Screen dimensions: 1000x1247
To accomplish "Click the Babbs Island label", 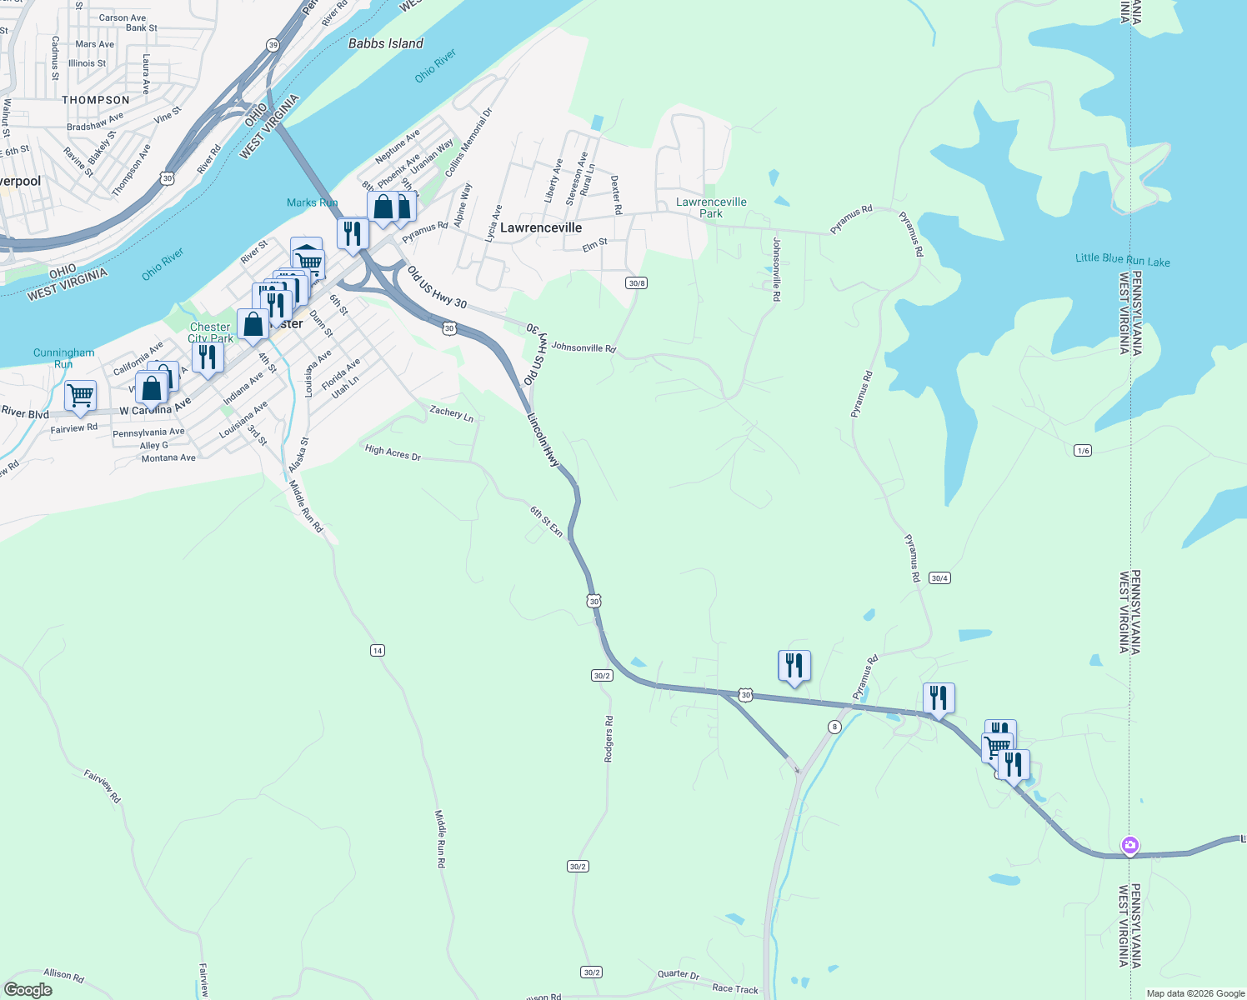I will pyautogui.click(x=385, y=43).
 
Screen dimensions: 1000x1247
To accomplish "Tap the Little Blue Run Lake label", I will pyautogui.click(x=1122, y=260).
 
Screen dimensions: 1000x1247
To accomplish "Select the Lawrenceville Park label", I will pyautogui.click(x=711, y=207).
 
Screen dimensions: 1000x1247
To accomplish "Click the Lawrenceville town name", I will pyautogui.click(x=541, y=227).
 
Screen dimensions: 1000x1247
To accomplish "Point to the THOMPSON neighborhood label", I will pyautogui.click(x=96, y=100).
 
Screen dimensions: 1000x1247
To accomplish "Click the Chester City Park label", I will pyautogui.click(x=210, y=332).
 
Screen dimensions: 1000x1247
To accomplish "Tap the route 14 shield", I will pyautogui.click(x=378, y=650).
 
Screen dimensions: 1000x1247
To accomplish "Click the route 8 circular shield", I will pyautogui.click(x=834, y=727).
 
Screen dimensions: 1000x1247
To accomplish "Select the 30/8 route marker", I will pyautogui.click(x=637, y=283).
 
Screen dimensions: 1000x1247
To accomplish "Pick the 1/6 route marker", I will pyautogui.click(x=1083, y=451).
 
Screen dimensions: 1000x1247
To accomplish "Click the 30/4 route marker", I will pyautogui.click(x=939, y=578).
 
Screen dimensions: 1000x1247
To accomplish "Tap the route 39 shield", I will pyautogui.click(x=273, y=44).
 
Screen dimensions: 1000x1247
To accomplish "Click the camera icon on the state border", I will pyautogui.click(x=1129, y=846).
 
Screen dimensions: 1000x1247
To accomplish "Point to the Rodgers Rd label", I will pyautogui.click(x=608, y=738).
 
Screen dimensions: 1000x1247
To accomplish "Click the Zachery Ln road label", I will pyautogui.click(x=452, y=413).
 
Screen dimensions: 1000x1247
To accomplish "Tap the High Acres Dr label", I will pyautogui.click(x=393, y=453).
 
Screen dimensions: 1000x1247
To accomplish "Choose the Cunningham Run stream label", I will pyautogui.click(x=64, y=358).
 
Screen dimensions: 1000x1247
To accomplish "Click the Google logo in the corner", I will pyautogui.click(x=28, y=990).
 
